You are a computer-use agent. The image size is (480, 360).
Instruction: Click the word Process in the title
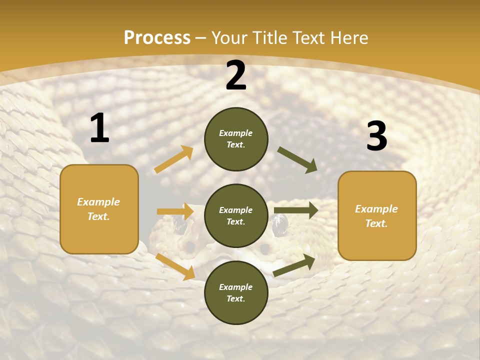(x=157, y=37)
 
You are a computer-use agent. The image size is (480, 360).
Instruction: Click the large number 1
(x=99, y=128)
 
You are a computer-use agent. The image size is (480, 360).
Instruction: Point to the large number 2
(x=236, y=75)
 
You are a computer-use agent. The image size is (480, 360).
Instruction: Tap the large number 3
(x=376, y=136)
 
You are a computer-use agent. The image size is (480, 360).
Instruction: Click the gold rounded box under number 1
(x=99, y=209)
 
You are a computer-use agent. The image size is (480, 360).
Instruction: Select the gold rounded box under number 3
(x=377, y=215)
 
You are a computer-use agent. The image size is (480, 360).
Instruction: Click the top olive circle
(x=236, y=139)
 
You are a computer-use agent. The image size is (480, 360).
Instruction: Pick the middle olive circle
(x=236, y=215)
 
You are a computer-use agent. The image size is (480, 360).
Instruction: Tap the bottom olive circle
(x=236, y=292)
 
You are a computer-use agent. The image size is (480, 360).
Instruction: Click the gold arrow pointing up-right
(x=174, y=159)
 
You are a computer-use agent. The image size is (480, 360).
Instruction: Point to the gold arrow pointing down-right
(x=175, y=266)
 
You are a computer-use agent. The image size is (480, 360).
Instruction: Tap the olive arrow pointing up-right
(x=294, y=265)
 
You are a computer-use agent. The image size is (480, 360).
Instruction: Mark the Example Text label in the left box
(x=98, y=209)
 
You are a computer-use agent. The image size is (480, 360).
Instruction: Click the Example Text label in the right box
(x=376, y=216)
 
